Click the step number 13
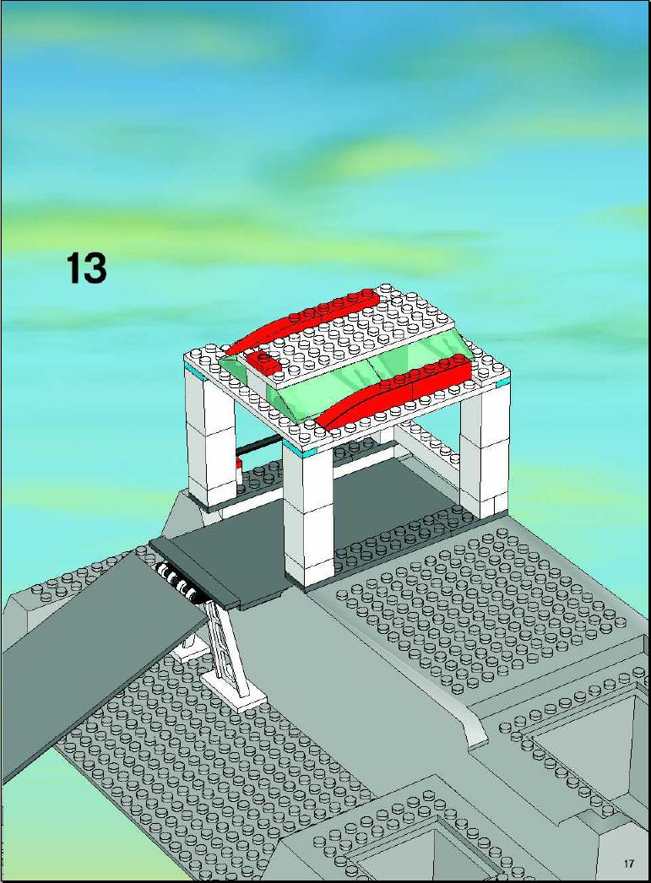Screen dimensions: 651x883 pos(86,268)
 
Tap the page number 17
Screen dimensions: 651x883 pos(629,863)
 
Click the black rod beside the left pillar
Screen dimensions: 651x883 pos(259,447)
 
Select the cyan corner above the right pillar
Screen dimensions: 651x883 pos(502,383)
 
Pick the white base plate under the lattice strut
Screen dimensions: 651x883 pos(234,690)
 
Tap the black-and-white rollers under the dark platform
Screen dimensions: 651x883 pos(179,582)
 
